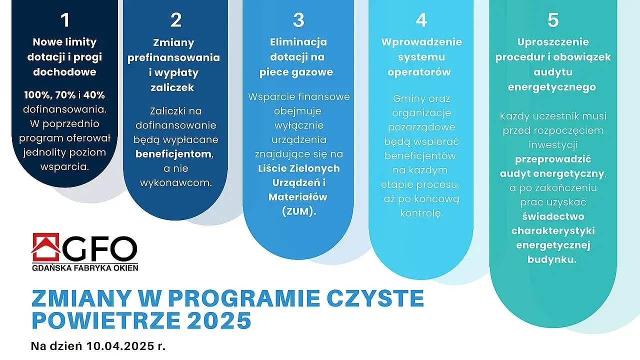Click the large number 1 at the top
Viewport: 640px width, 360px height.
(x=64, y=20)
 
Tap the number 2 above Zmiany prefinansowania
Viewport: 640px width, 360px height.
(x=175, y=20)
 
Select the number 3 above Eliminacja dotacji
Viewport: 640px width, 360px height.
(x=298, y=20)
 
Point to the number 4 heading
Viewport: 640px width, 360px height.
(x=421, y=20)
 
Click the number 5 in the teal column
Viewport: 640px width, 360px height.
(x=552, y=20)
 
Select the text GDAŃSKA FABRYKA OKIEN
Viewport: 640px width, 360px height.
(x=84, y=267)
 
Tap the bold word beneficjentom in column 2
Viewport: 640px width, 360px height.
(x=174, y=154)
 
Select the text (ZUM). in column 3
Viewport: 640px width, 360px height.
(x=298, y=211)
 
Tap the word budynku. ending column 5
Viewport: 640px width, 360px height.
(x=552, y=259)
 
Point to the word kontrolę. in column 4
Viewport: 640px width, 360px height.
(x=421, y=213)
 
